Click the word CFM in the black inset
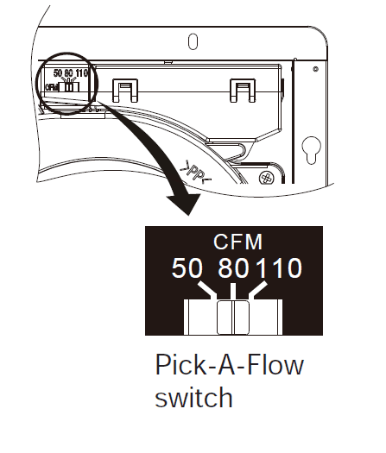[237, 242]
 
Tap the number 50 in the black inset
[187, 268]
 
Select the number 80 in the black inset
[233, 268]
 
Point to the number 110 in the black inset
[280, 268]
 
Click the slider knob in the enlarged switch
[233, 318]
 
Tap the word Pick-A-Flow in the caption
[230, 365]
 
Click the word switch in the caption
[193, 397]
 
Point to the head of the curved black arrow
[185, 204]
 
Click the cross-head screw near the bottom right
[266, 178]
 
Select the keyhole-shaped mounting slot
[311, 150]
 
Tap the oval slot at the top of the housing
[193, 41]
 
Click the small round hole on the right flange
[316, 69]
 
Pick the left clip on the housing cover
[125, 91]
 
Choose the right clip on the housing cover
[243, 91]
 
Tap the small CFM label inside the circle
[52, 87]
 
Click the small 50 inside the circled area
[58, 73]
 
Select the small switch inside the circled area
[69, 86]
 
